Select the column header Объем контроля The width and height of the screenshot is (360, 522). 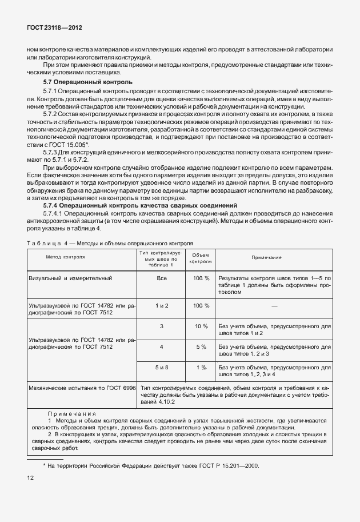pos(201,258)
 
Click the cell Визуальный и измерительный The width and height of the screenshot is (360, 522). pos(70,278)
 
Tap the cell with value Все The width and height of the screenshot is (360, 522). pos(161,278)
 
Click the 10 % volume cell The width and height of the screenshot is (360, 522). pos(201,326)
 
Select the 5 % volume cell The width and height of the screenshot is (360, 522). pos(201,346)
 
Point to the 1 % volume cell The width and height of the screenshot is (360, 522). pos(201,367)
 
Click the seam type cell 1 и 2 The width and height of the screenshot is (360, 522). pos(161,305)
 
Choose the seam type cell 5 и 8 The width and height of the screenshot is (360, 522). pos(161,367)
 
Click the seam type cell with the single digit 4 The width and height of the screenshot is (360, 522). pos(161,346)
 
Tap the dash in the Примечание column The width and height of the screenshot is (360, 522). pos(274,306)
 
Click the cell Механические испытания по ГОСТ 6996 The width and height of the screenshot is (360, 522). pos(82,388)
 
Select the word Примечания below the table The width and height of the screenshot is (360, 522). pos(72,413)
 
